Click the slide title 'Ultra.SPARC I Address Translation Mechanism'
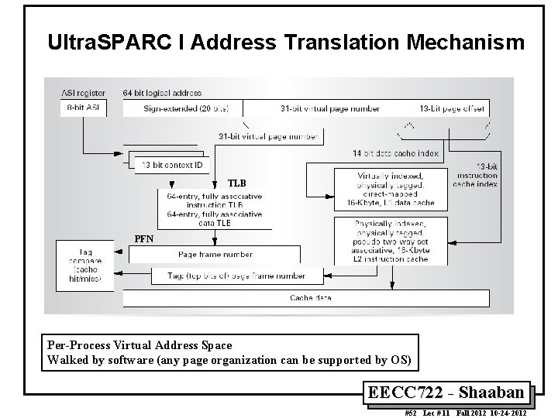[x=285, y=43]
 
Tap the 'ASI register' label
[x=83, y=93]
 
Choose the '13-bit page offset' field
[x=452, y=109]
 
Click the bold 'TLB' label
[x=236, y=184]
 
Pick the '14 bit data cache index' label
[x=395, y=153]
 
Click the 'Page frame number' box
[x=215, y=254]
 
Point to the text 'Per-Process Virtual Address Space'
[x=139, y=344]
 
